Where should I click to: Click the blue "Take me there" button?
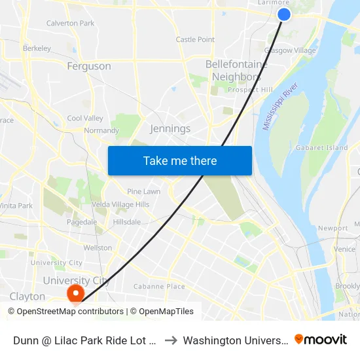[x=180, y=160]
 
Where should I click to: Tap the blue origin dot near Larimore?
[x=283, y=14]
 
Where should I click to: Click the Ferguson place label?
[x=89, y=66]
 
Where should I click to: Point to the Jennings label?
[x=170, y=129]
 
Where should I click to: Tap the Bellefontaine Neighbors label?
[x=236, y=71]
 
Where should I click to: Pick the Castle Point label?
[x=195, y=40]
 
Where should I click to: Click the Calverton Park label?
[x=70, y=24]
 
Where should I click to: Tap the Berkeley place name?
[x=37, y=48]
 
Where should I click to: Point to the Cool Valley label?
[x=85, y=118]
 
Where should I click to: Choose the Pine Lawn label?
[x=144, y=192]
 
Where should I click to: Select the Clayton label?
[x=27, y=297]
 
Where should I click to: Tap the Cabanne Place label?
[x=159, y=287]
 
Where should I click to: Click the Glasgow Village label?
[x=289, y=50]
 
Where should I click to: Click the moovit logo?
[x=321, y=340]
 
